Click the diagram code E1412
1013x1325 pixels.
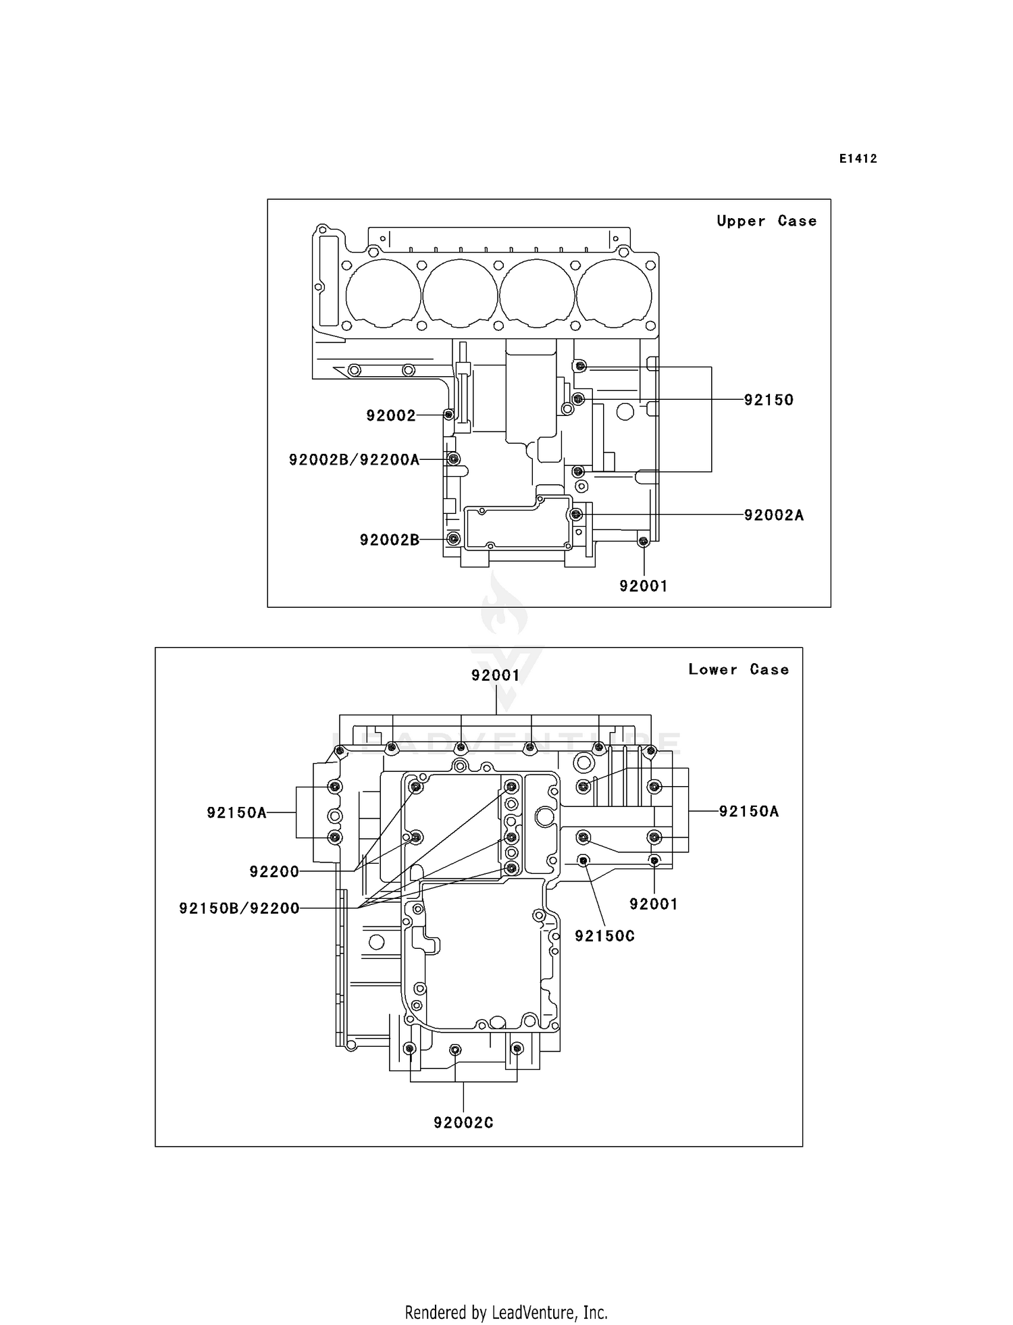click(x=858, y=159)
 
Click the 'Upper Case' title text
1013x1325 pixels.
click(x=767, y=221)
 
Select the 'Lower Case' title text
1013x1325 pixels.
click(x=738, y=669)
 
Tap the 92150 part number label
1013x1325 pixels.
click(x=769, y=400)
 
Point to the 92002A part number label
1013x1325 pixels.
click(x=774, y=515)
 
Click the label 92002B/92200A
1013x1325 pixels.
click(x=354, y=460)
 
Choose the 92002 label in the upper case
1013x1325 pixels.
click(x=391, y=415)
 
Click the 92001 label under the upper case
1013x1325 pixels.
click(x=644, y=586)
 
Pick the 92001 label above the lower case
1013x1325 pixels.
click(x=496, y=675)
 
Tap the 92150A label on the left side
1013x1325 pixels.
click(x=236, y=812)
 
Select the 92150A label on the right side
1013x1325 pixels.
click(x=749, y=811)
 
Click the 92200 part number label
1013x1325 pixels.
click(x=274, y=872)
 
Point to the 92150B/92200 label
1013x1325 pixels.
click(x=239, y=908)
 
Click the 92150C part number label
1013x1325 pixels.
click(x=604, y=936)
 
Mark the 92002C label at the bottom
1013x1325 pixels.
click(x=463, y=1122)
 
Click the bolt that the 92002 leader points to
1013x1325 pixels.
click(x=448, y=414)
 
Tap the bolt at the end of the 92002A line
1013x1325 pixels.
click(x=576, y=515)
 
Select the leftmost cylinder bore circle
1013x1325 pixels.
click(x=383, y=295)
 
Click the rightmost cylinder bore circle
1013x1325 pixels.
click(x=614, y=295)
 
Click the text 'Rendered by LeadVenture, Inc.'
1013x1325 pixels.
click(x=506, y=1312)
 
